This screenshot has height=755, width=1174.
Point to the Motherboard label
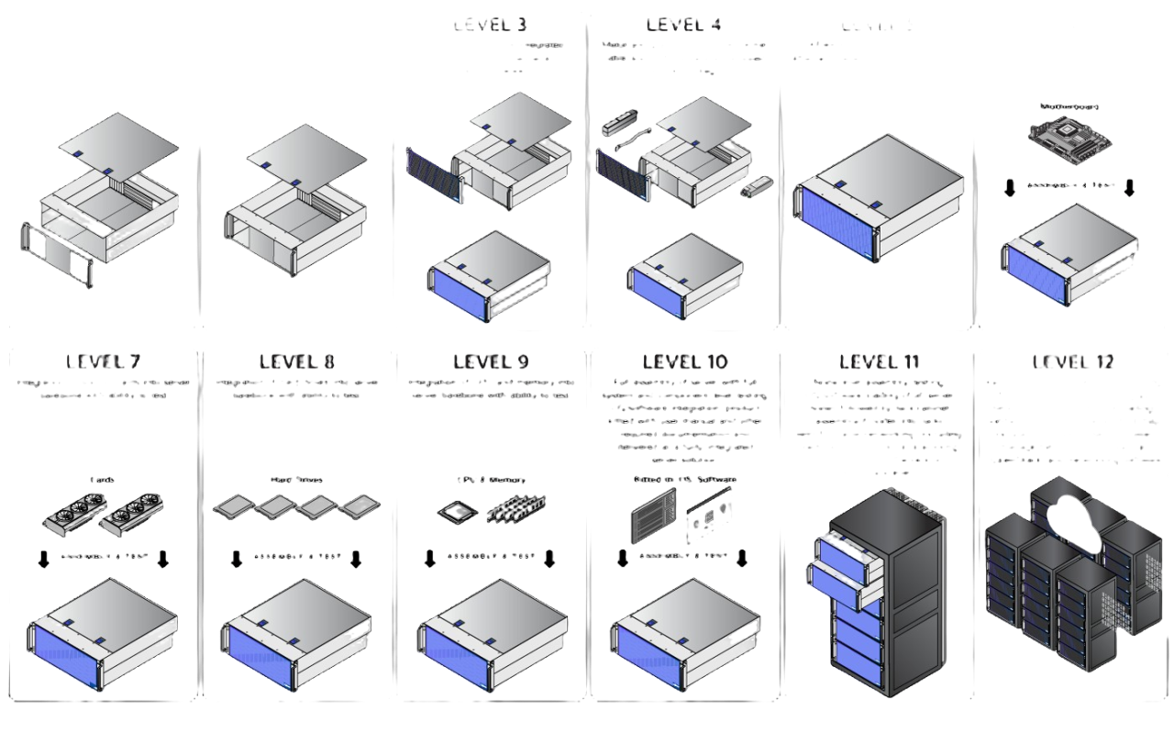tap(1070, 106)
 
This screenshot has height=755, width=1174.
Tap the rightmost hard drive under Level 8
tap(359, 505)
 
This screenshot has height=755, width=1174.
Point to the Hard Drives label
tap(295, 480)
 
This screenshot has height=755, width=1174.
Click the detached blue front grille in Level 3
tap(433, 176)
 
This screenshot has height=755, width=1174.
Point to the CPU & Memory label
tap(491, 480)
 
